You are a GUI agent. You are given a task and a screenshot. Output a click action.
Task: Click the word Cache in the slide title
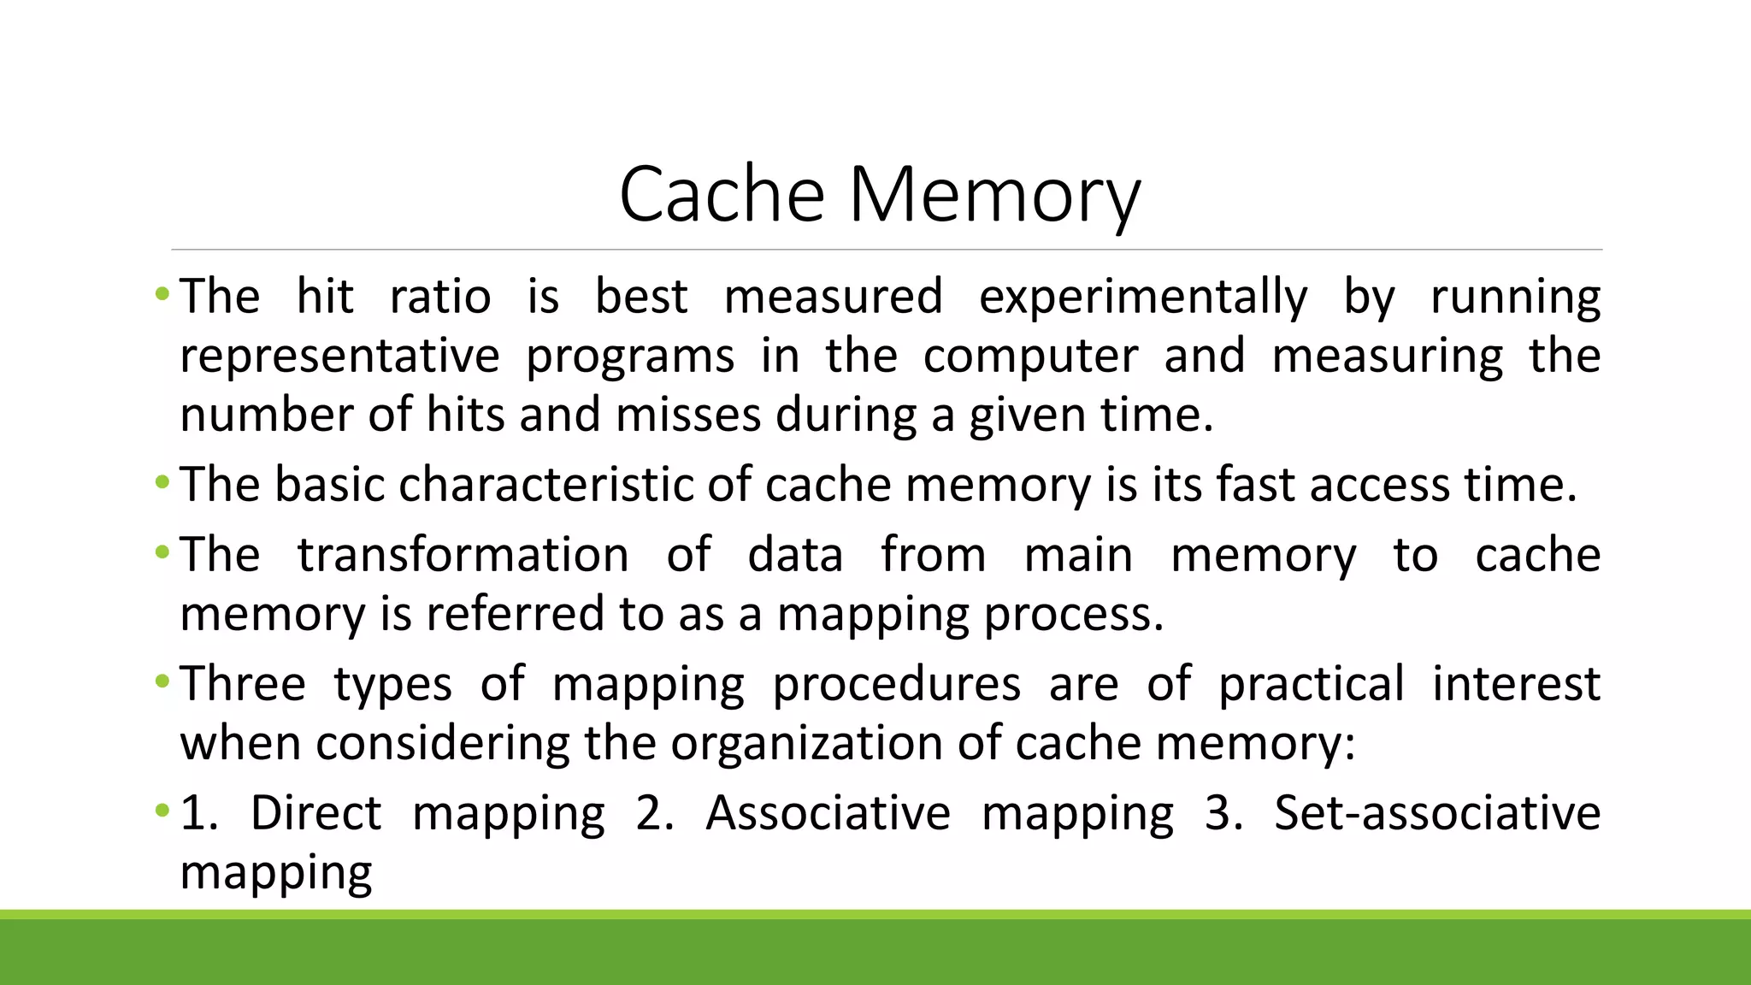[721, 195]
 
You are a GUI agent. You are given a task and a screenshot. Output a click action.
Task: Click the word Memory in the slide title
[993, 197]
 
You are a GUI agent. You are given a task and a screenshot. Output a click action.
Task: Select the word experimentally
[1143, 298]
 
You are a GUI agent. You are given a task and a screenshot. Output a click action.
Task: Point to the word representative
[339, 357]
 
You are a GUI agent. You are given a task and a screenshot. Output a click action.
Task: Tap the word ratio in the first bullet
[440, 298]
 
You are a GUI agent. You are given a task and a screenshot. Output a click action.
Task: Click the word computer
[1030, 357]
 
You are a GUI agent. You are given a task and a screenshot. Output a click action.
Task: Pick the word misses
[687, 416]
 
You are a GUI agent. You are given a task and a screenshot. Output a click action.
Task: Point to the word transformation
[463, 556]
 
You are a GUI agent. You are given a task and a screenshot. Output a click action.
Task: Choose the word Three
[243, 685]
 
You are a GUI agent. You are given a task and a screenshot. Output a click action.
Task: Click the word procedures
[896, 685]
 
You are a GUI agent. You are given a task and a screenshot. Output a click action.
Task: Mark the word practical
[1311, 685]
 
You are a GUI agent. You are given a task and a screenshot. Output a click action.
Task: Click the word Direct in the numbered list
[315, 813]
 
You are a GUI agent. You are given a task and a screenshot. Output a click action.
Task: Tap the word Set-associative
[1436, 813]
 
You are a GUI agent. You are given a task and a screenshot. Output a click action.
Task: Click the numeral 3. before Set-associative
[1223, 813]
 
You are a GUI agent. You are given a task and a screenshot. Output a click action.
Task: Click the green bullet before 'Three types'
[162, 683]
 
